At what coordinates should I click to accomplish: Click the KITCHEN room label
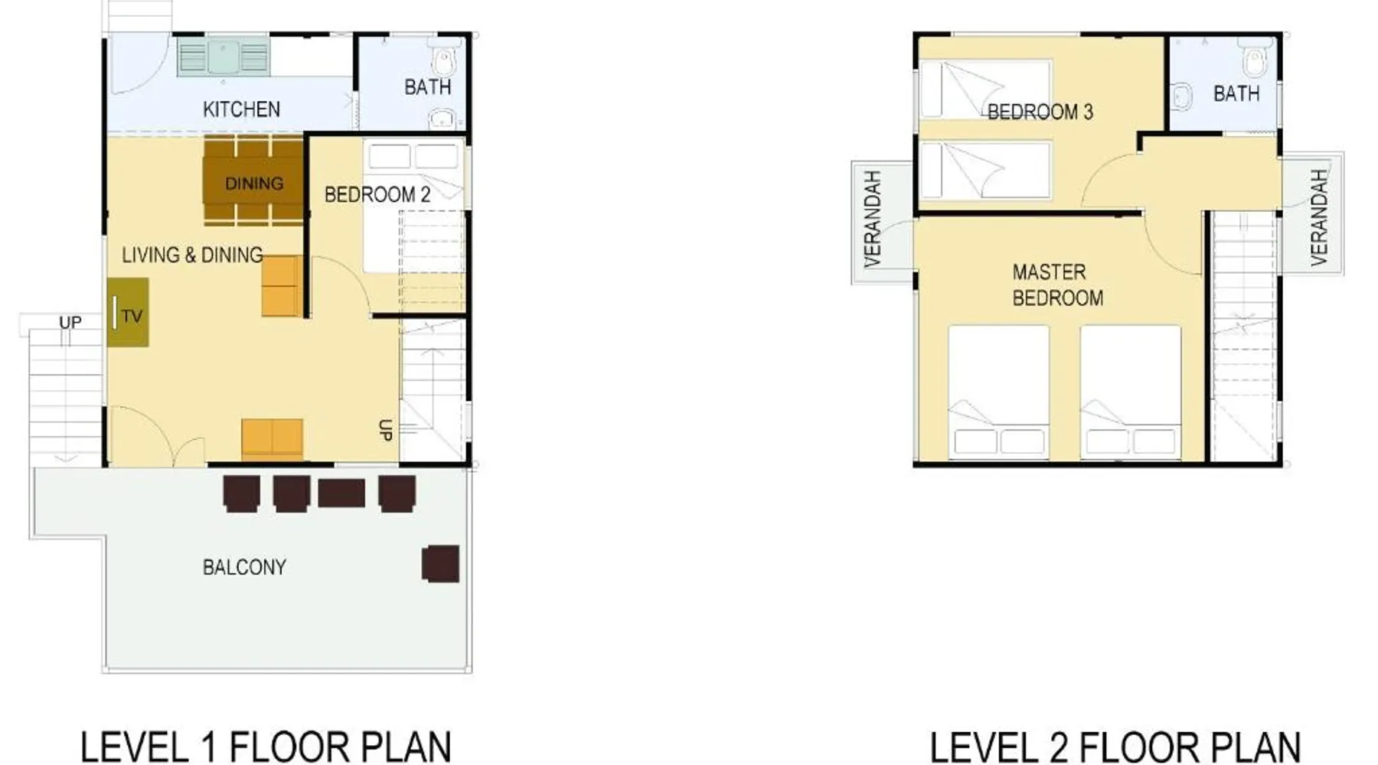coord(241,109)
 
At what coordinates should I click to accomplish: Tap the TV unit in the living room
coord(128,312)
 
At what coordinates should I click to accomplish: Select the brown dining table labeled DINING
coord(253,182)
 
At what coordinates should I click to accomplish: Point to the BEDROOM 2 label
coord(377,194)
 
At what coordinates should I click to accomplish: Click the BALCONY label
coord(244,567)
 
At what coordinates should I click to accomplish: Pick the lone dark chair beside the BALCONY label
coord(441,564)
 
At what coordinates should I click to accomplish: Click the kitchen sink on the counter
coord(224,57)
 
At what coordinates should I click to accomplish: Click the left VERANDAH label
coord(873,219)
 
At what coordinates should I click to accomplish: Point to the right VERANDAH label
coord(1318,217)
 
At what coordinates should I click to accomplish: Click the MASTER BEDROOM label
coord(1057,285)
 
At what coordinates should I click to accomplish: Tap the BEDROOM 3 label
coord(1040,112)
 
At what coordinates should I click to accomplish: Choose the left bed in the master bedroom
coord(999,392)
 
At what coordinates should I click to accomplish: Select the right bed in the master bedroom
coord(1131,392)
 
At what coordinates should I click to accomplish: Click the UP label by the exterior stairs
coord(70,322)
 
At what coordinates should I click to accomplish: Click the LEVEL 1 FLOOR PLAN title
coord(266,746)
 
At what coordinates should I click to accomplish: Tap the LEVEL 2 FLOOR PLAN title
coord(1115,746)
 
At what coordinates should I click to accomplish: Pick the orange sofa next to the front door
coord(273,439)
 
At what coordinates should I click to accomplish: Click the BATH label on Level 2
coord(1236,93)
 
